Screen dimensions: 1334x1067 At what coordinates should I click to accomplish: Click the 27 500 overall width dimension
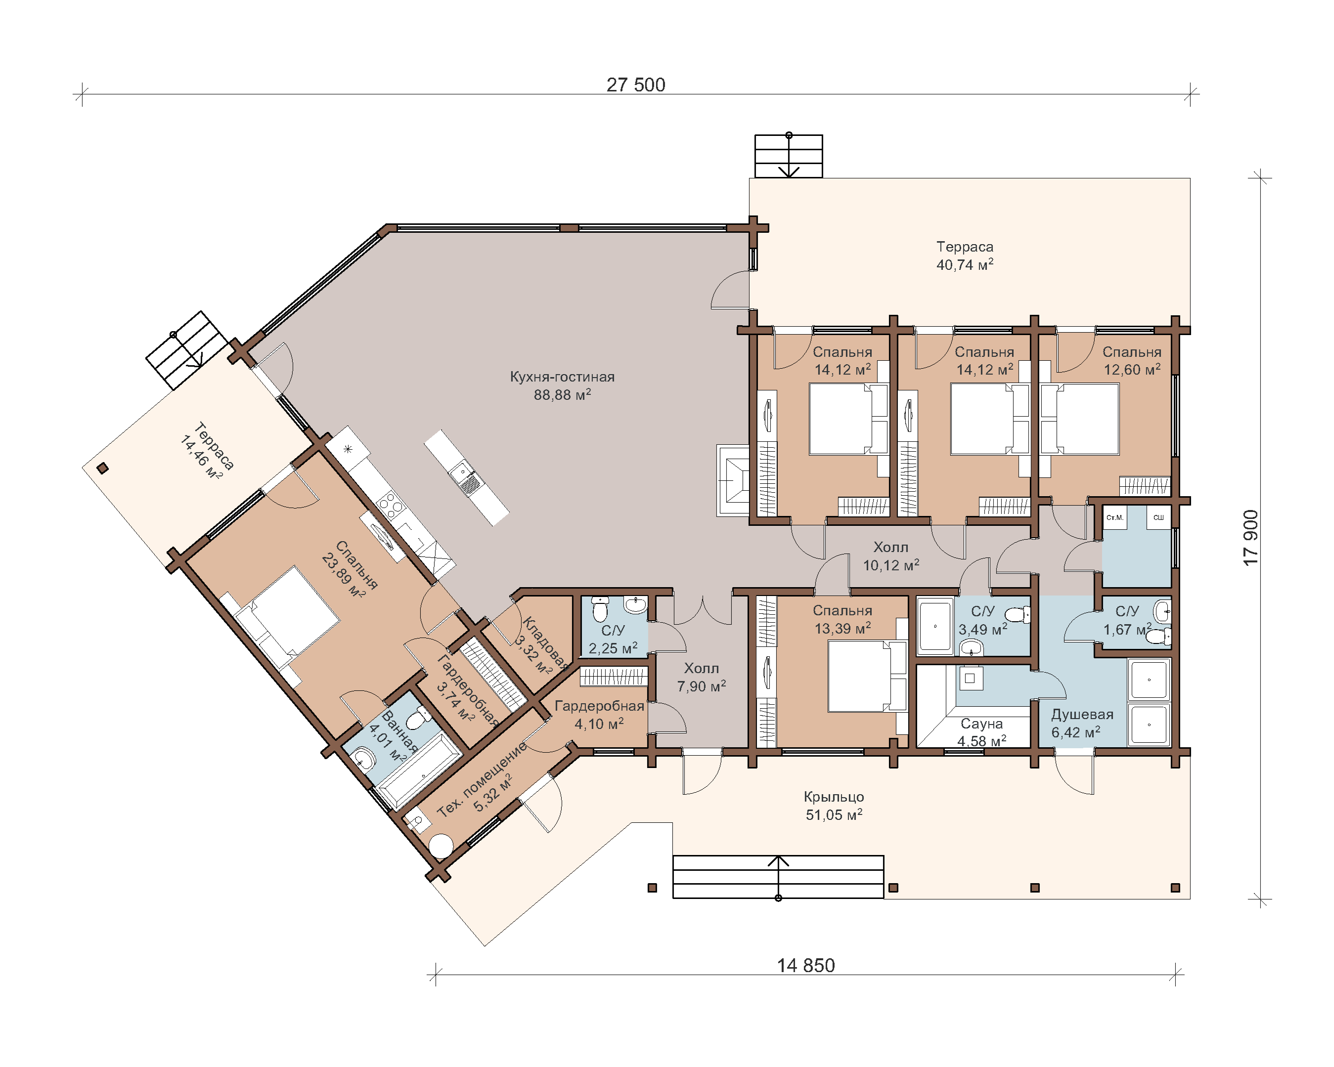pyautogui.click(x=635, y=85)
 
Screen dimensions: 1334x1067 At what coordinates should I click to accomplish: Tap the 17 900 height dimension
pyautogui.click(x=1250, y=538)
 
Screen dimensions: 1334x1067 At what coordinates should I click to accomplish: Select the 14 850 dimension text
pyautogui.click(x=805, y=966)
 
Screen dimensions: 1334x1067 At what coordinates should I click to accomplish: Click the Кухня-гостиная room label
pyautogui.click(x=562, y=377)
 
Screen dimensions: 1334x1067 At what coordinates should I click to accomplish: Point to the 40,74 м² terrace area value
pyautogui.click(x=965, y=265)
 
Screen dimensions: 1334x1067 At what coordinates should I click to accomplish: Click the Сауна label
pyautogui.click(x=981, y=723)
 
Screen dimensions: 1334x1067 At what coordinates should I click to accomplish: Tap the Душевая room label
pyautogui.click(x=1082, y=715)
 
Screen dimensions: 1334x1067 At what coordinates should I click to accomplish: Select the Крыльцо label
pyautogui.click(x=834, y=797)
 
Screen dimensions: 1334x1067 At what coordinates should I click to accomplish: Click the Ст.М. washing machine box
pyautogui.click(x=1114, y=517)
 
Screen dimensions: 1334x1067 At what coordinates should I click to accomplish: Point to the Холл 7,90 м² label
pyautogui.click(x=701, y=677)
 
